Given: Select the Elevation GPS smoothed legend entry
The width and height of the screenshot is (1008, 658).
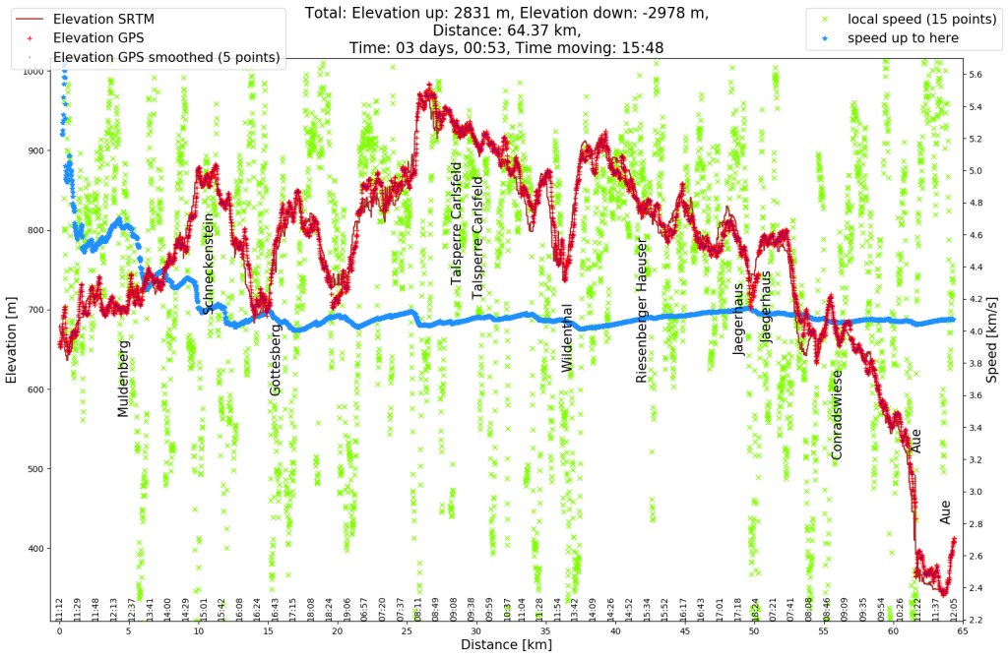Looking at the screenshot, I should pos(165,57).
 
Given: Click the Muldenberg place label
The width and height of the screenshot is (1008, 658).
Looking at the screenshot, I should pos(123,379).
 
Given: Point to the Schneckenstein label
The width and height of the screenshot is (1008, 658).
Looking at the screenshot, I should pos(208,263).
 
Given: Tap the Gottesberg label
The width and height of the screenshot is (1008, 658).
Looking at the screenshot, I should pos(276,360).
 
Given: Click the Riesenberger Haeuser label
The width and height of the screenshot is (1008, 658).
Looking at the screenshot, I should pos(641,310).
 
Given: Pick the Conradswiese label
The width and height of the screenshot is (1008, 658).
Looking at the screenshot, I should pos(837,414).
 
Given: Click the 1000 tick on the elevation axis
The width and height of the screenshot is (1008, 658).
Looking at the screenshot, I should pos(31,71).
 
